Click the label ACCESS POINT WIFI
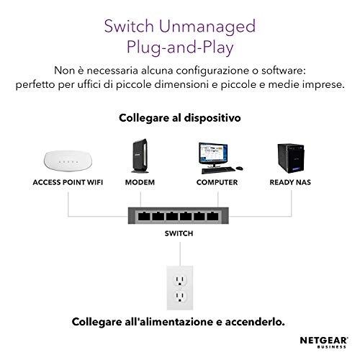[68, 183]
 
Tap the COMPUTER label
[217, 183]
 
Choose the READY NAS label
[292, 183]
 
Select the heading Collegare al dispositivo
[180, 117]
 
